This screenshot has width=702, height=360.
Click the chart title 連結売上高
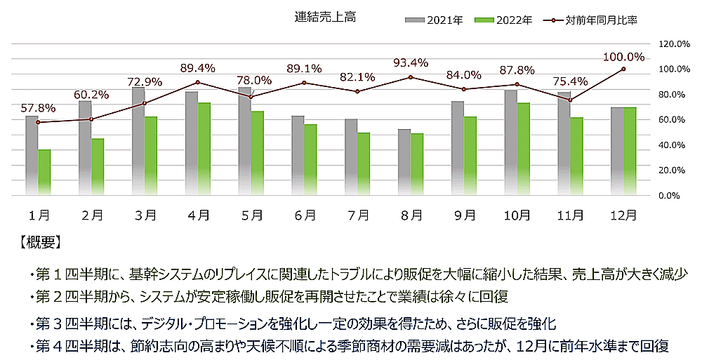[x=325, y=18]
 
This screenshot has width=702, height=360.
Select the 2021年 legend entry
[x=435, y=20]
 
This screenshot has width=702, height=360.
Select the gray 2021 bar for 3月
[x=138, y=141]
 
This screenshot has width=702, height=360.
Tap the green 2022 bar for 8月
[x=417, y=164]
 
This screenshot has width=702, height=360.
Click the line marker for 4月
[x=199, y=82]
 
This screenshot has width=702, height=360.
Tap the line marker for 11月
[x=571, y=100]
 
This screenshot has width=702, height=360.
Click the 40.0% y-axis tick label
[x=677, y=145]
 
